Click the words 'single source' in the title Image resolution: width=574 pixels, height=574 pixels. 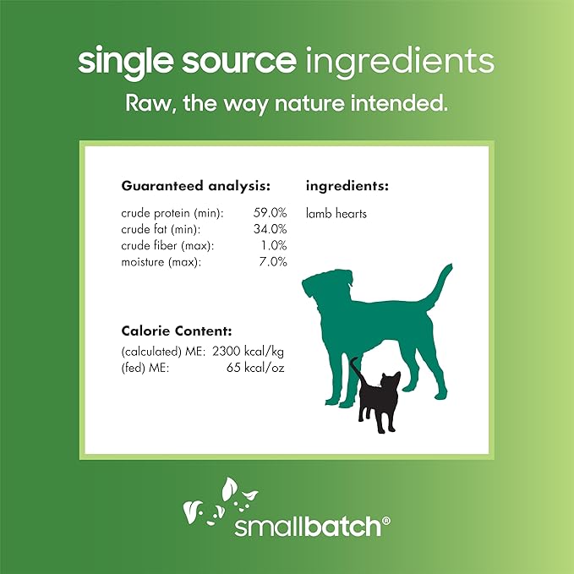(185, 61)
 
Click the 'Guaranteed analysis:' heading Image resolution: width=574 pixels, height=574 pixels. (196, 185)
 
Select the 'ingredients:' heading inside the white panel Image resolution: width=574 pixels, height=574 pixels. (347, 185)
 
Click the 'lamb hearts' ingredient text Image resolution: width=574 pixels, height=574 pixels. (336, 214)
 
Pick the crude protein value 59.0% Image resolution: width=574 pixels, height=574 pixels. (270, 214)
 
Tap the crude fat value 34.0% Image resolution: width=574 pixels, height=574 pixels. (270, 230)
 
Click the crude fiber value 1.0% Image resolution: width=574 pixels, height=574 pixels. (272, 246)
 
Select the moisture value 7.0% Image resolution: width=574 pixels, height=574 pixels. (272, 262)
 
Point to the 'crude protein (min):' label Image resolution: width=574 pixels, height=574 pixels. (172, 214)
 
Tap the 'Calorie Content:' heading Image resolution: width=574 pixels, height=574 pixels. (177, 331)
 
